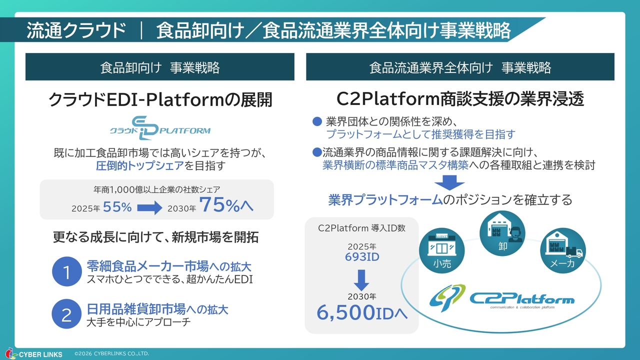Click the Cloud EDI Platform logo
pyautogui.click(x=160, y=127)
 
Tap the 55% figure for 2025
pyautogui.click(x=117, y=207)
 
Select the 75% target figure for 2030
pyautogui.click(x=226, y=205)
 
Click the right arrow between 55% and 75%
pyautogui.click(x=150, y=207)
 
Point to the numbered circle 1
pyautogui.click(x=66, y=271)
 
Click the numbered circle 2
pyautogui.click(x=66, y=314)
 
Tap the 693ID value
pyautogui.click(x=362, y=257)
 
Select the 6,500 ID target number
pyautogui.click(x=361, y=312)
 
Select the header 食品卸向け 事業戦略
pyautogui.click(x=160, y=67)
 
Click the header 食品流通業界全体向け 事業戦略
pyautogui.click(x=460, y=67)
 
